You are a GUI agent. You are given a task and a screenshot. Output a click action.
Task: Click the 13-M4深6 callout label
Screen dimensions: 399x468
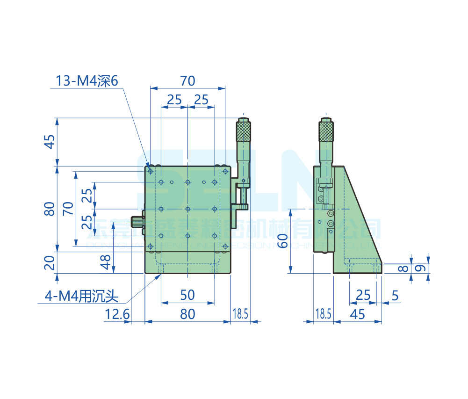[x=87, y=81]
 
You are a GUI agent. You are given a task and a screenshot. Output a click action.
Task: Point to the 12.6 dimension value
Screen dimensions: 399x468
[x=117, y=314]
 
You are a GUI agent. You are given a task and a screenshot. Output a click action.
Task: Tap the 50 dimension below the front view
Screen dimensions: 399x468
[x=187, y=295]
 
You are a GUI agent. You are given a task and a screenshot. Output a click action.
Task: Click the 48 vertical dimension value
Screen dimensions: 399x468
[x=106, y=262]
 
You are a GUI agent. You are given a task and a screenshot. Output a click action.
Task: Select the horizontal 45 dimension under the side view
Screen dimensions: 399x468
[x=358, y=314]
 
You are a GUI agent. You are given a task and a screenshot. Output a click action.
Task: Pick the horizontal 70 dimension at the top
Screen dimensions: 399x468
[x=187, y=80]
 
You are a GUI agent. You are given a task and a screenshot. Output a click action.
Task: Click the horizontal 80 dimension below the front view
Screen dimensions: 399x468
[x=187, y=314]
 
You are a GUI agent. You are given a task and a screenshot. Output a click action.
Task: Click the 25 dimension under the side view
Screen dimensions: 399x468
[x=363, y=295]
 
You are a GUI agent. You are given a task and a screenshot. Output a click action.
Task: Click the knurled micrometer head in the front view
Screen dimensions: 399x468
[x=243, y=131]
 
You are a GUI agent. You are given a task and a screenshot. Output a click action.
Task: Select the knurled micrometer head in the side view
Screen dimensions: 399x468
[x=326, y=131]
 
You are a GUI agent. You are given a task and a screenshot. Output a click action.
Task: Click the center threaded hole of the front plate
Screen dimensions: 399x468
[x=187, y=209]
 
